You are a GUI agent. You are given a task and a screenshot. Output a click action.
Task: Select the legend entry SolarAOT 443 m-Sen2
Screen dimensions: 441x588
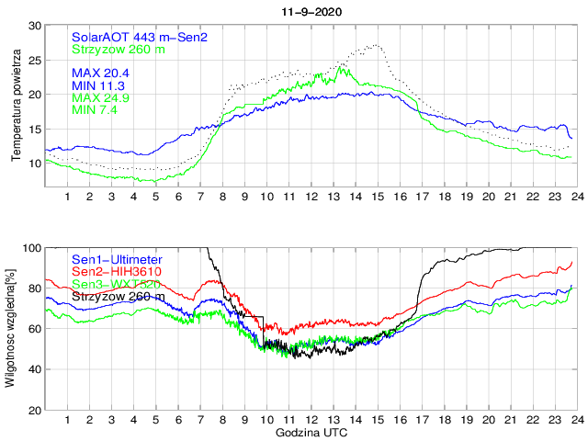[139, 37]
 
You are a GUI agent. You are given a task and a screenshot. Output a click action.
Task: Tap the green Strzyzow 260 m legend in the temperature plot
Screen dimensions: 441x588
[119, 49]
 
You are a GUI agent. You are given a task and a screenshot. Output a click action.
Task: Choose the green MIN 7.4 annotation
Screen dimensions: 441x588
[96, 109]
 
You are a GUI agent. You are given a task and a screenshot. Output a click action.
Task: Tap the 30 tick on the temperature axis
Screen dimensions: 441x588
[34, 26]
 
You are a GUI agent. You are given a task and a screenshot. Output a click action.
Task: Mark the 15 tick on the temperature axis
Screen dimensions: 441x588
[34, 129]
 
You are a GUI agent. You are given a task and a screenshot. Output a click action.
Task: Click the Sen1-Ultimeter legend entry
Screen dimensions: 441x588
[117, 260]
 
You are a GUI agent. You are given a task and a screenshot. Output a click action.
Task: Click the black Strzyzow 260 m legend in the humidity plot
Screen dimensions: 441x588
[119, 297]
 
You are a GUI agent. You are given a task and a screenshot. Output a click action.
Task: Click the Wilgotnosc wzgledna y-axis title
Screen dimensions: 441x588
[10, 328]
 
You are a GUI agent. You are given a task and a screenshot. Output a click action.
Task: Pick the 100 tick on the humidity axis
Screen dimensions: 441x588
[31, 248]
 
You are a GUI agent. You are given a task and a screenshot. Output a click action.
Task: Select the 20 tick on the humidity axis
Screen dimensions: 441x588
[34, 410]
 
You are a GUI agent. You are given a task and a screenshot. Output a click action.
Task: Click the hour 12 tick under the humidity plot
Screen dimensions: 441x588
[311, 420]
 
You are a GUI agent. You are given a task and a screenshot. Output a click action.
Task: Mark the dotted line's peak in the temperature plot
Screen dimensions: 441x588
[378, 44]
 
